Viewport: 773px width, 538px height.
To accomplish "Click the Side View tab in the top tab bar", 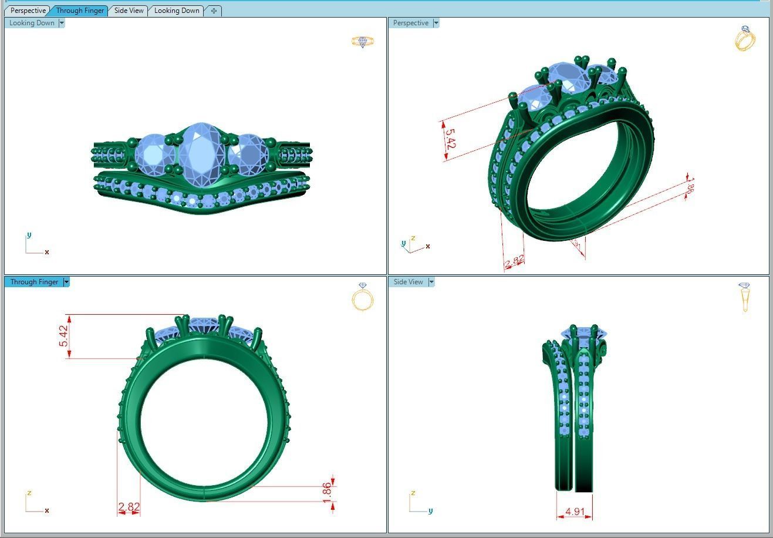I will [129, 11].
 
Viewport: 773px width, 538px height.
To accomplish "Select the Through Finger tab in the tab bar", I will [80, 11].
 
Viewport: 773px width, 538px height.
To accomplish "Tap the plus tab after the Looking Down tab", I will [214, 11].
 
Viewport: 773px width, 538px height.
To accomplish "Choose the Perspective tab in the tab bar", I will [28, 11].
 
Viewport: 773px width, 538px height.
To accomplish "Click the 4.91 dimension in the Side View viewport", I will [575, 512].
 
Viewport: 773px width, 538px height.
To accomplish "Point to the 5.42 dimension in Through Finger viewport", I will [63, 335].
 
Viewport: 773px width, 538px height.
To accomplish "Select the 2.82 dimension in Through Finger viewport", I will [129, 506].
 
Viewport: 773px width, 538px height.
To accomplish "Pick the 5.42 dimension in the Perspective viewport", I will [449, 139].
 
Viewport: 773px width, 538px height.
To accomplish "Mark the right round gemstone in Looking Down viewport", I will [248, 154].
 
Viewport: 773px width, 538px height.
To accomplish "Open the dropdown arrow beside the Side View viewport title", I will [431, 282].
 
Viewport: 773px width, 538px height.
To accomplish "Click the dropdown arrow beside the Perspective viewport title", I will [436, 23].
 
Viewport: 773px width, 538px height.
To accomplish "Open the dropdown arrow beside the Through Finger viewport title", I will [66, 282].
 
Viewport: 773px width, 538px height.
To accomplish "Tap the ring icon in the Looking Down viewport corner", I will [362, 41].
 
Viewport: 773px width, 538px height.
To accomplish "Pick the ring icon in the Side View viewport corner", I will [745, 297].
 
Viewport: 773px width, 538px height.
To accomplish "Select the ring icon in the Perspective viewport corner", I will [745, 38].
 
